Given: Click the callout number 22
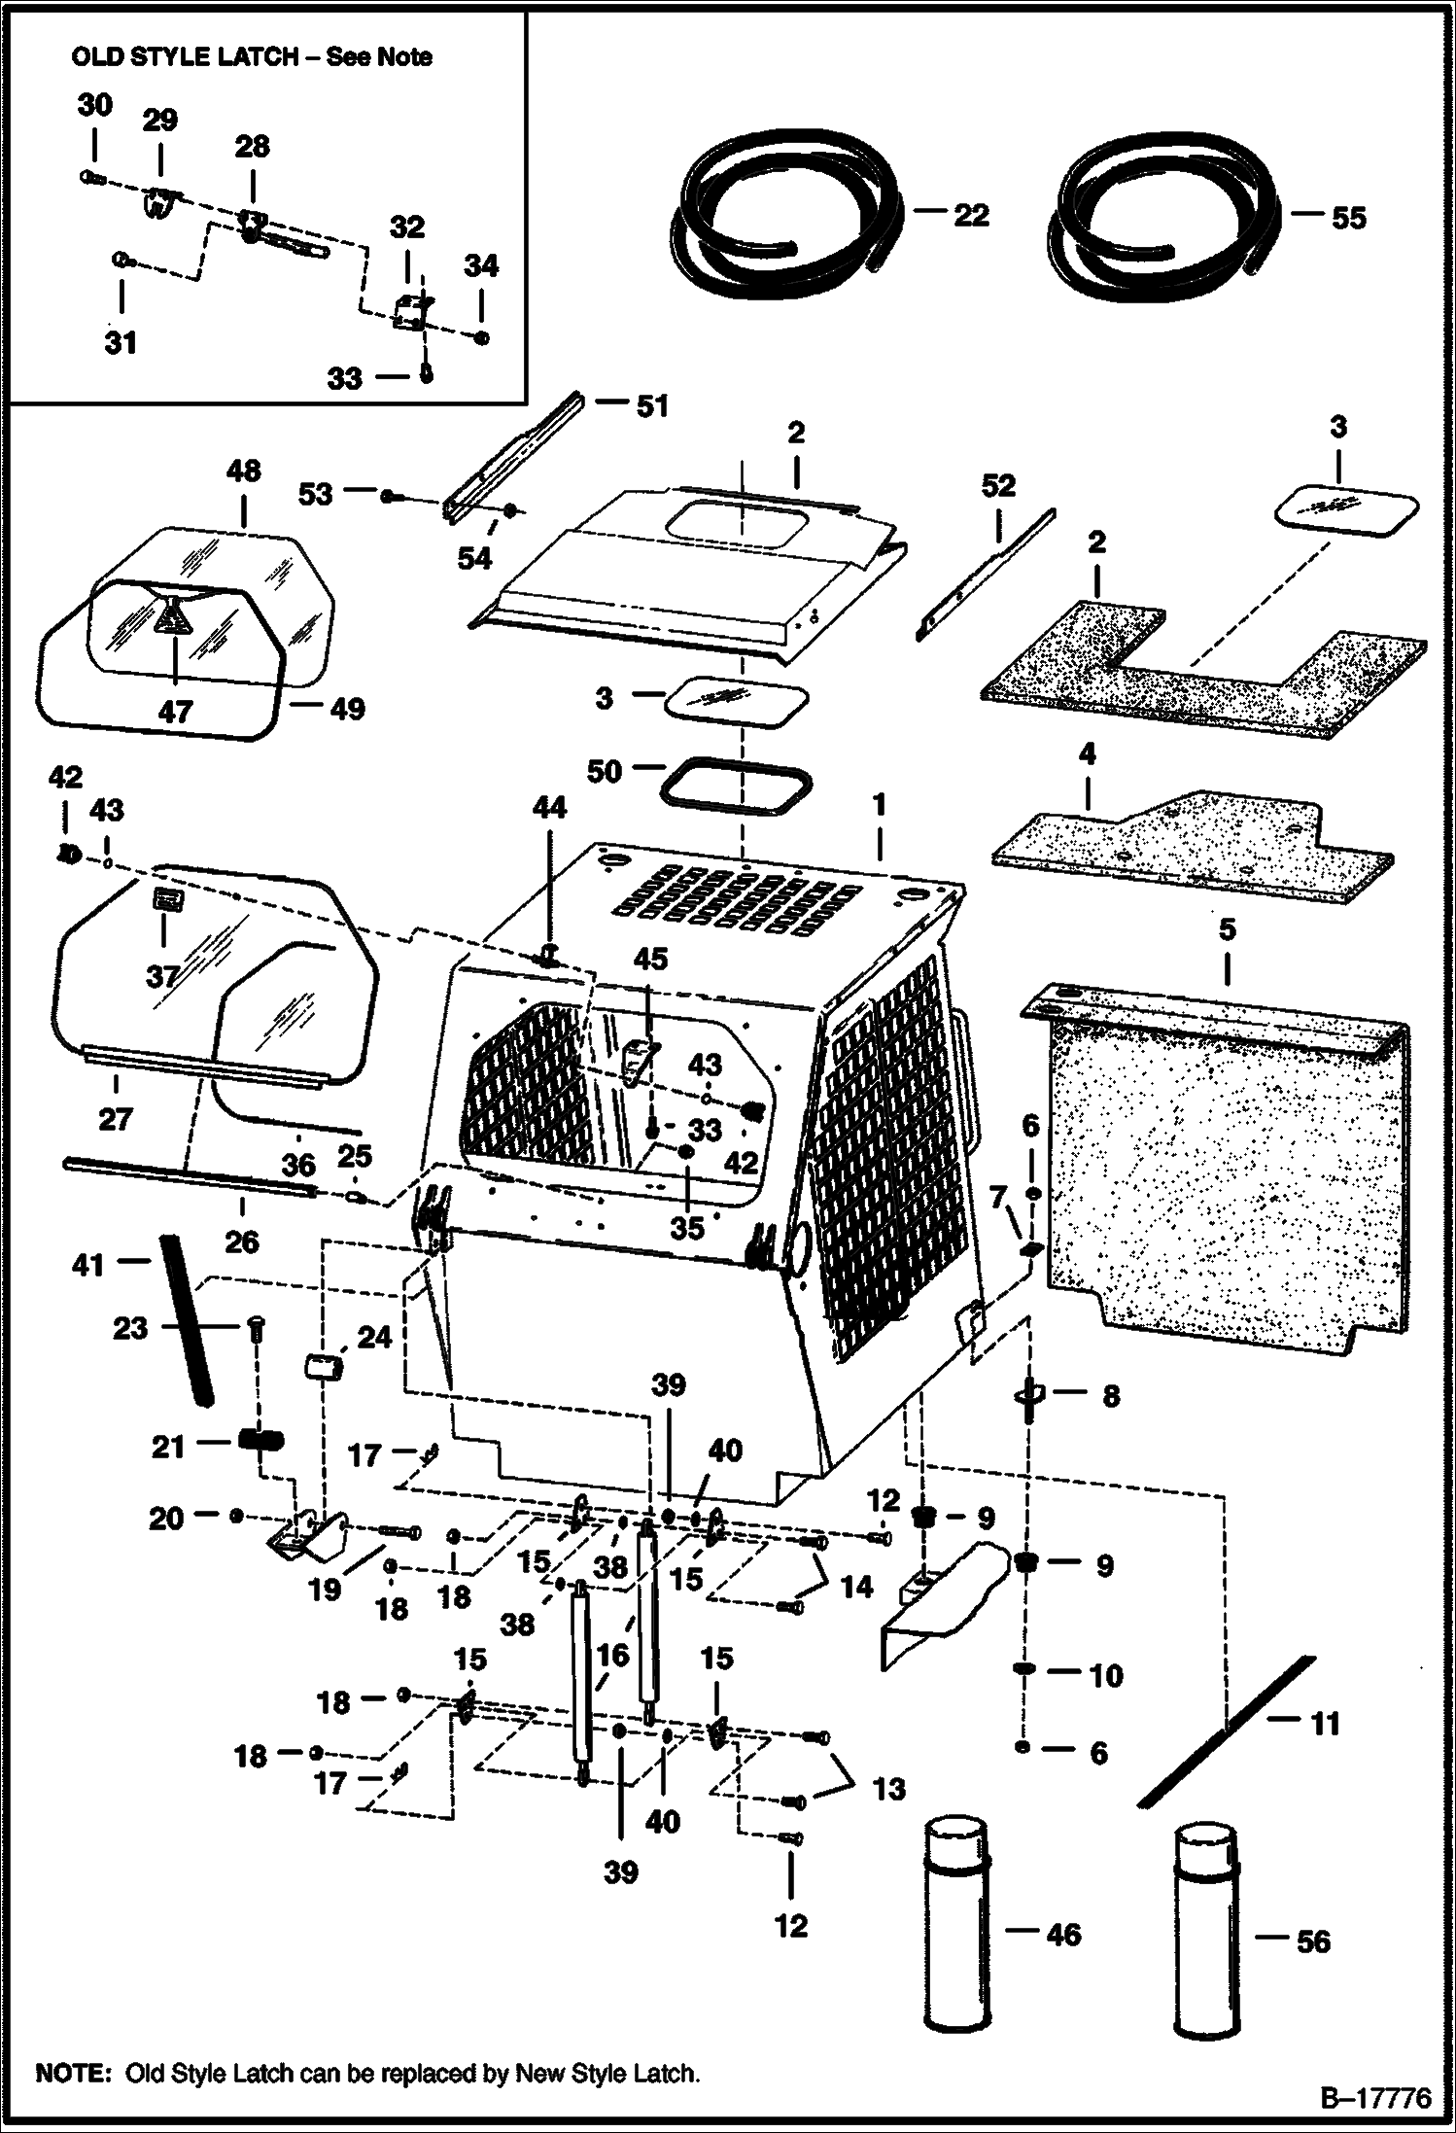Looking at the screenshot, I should [970, 215].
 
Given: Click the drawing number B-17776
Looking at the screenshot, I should [1374, 2098].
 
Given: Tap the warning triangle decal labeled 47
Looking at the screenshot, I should [172, 618].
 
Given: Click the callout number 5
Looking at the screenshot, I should [1227, 929].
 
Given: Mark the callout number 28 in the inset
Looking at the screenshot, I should [252, 147].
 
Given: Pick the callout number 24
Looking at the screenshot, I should [373, 1339].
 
